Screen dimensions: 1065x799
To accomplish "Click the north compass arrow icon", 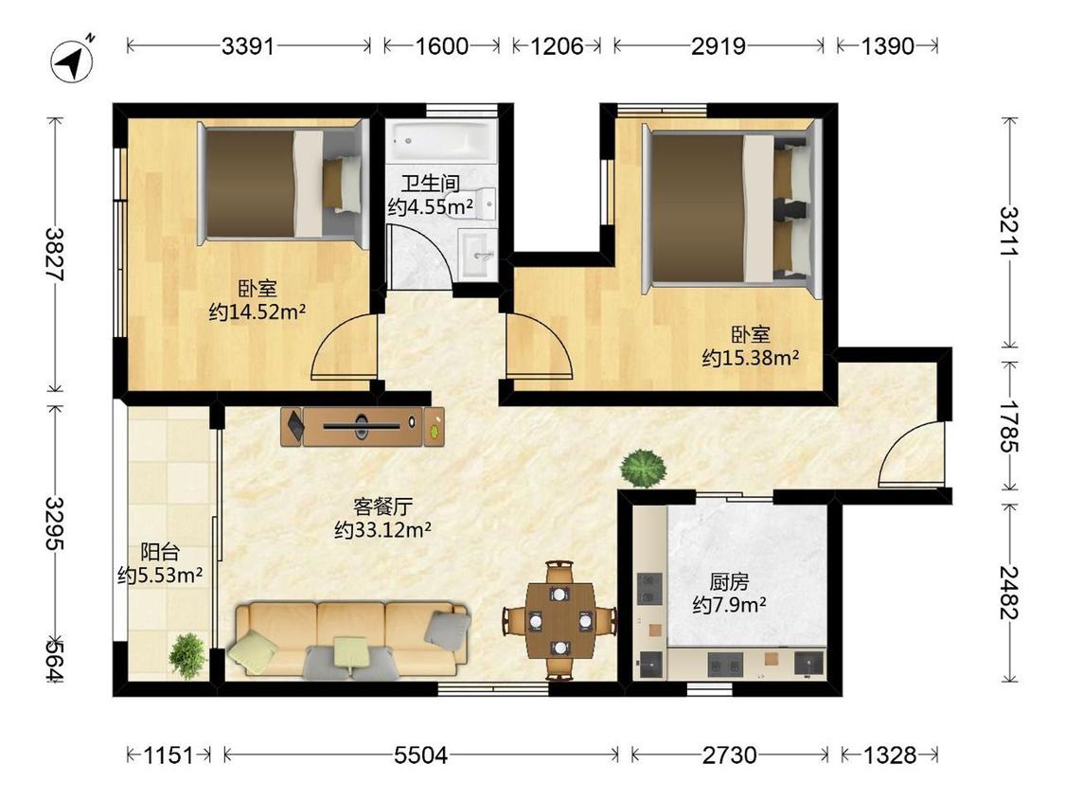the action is [73, 62].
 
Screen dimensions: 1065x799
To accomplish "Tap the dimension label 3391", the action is [248, 46].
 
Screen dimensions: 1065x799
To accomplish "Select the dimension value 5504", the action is [420, 755].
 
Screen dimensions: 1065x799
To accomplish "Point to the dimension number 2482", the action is [1008, 592].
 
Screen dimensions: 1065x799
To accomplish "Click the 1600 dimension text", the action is [441, 46].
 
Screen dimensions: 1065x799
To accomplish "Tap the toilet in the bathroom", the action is [485, 204].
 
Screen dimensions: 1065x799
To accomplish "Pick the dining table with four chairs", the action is [559, 620].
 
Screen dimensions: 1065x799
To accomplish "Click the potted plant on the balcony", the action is [187, 655].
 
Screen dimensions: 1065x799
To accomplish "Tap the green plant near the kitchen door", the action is [643, 468].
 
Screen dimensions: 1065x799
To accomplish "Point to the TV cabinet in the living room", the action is [363, 426].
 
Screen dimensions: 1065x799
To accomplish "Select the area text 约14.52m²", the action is [257, 311].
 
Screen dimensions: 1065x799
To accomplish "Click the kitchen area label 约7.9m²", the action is [730, 604].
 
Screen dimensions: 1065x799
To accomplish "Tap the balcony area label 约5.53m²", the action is [160, 575].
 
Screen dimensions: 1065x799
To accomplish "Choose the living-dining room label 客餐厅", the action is [383, 506].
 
